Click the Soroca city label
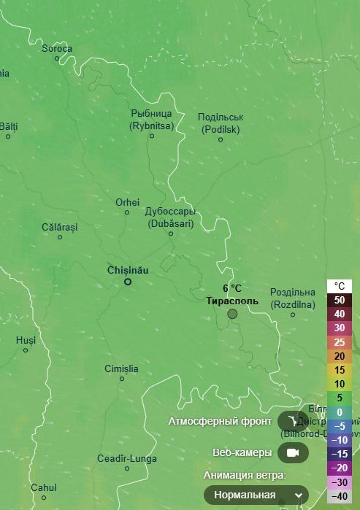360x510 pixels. click(x=56, y=49)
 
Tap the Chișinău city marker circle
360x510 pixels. click(x=127, y=281)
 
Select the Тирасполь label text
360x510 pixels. click(x=232, y=300)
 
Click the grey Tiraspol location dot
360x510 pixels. click(x=232, y=314)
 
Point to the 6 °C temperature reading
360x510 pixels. click(x=232, y=288)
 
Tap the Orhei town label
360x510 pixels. click(x=127, y=202)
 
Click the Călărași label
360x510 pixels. click(x=59, y=227)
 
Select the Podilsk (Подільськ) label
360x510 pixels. click(x=221, y=123)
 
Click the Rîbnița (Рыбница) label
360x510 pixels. click(x=151, y=119)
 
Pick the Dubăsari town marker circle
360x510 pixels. click(x=171, y=233)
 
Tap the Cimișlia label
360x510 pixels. click(x=121, y=368)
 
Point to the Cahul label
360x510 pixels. click(x=44, y=487)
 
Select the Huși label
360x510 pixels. click(x=26, y=340)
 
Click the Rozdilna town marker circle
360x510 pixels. click(x=293, y=314)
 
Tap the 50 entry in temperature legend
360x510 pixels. click(x=340, y=300)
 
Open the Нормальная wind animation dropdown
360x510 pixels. click(x=256, y=495)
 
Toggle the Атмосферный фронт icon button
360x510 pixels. click(x=293, y=421)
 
